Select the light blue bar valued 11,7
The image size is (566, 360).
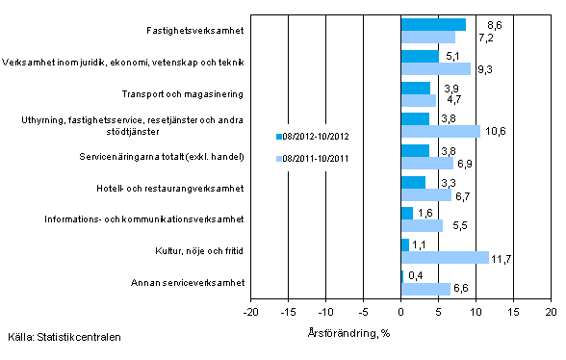(x=445, y=257)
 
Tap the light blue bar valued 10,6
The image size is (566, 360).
(x=440, y=131)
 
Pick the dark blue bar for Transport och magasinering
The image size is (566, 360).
(x=415, y=88)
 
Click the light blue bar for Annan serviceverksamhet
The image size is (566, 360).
(x=425, y=289)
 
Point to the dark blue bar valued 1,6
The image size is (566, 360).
(x=406, y=213)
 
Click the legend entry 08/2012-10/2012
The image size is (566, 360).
(x=317, y=136)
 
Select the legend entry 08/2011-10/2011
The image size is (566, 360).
(x=317, y=157)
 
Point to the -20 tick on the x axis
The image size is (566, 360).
(x=250, y=313)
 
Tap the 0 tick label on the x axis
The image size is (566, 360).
(x=400, y=313)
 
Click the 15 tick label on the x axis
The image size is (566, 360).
(x=513, y=313)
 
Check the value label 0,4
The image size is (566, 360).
(x=416, y=276)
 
